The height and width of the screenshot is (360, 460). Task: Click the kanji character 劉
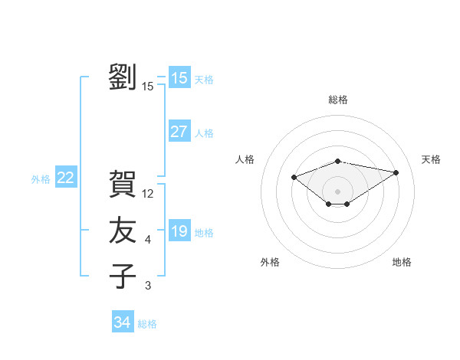tap(123, 77)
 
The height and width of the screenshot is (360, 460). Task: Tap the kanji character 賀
tap(123, 184)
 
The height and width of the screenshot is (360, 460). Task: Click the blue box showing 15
tap(179, 78)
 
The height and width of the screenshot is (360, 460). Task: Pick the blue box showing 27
tap(179, 132)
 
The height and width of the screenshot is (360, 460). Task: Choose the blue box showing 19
tap(179, 231)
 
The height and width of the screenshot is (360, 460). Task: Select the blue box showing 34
tap(122, 322)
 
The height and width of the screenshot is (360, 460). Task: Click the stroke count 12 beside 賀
tap(149, 195)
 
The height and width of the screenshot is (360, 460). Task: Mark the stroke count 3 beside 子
tap(148, 286)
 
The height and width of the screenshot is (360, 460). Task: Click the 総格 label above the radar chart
tap(337, 100)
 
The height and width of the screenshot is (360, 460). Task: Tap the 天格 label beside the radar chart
tap(431, 159)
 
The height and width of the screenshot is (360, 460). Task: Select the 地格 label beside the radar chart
tap(402, 262)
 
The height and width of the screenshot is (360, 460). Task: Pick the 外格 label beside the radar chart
tap(270, 262)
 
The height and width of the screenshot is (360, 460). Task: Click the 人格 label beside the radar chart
tap(245, 159)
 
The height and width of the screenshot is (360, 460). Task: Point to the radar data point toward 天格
tap(396, 172)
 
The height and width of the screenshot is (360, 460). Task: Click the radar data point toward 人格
tap(294, 178)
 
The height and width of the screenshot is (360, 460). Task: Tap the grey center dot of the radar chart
tap(337, 191)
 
